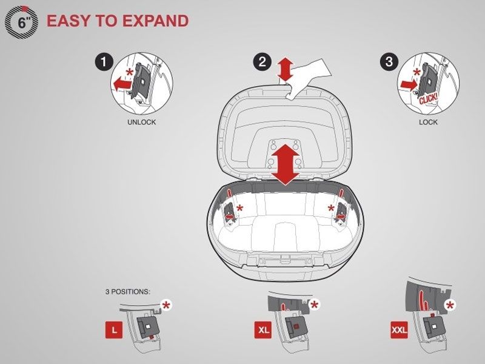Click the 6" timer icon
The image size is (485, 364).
coord(21,22)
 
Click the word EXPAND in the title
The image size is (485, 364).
coord(156,21)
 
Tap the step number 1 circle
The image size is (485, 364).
coord(104,62)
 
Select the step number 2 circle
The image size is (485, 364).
coord(263,62)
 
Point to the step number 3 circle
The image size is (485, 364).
coord(389,62)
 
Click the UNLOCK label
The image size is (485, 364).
coord(142,123)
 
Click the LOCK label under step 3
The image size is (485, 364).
coord(428,123)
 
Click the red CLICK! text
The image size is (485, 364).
coord(429,98)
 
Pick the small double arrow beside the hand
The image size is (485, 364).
coord(285,70)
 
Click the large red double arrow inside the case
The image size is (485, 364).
coord(285,165)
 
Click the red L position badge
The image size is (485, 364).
coord(114,330)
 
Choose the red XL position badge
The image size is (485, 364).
coord(263,330)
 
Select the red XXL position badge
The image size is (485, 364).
coord(400,330)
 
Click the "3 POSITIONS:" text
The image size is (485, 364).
coord(128,292)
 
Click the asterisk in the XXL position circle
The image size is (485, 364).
coord(450,306)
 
